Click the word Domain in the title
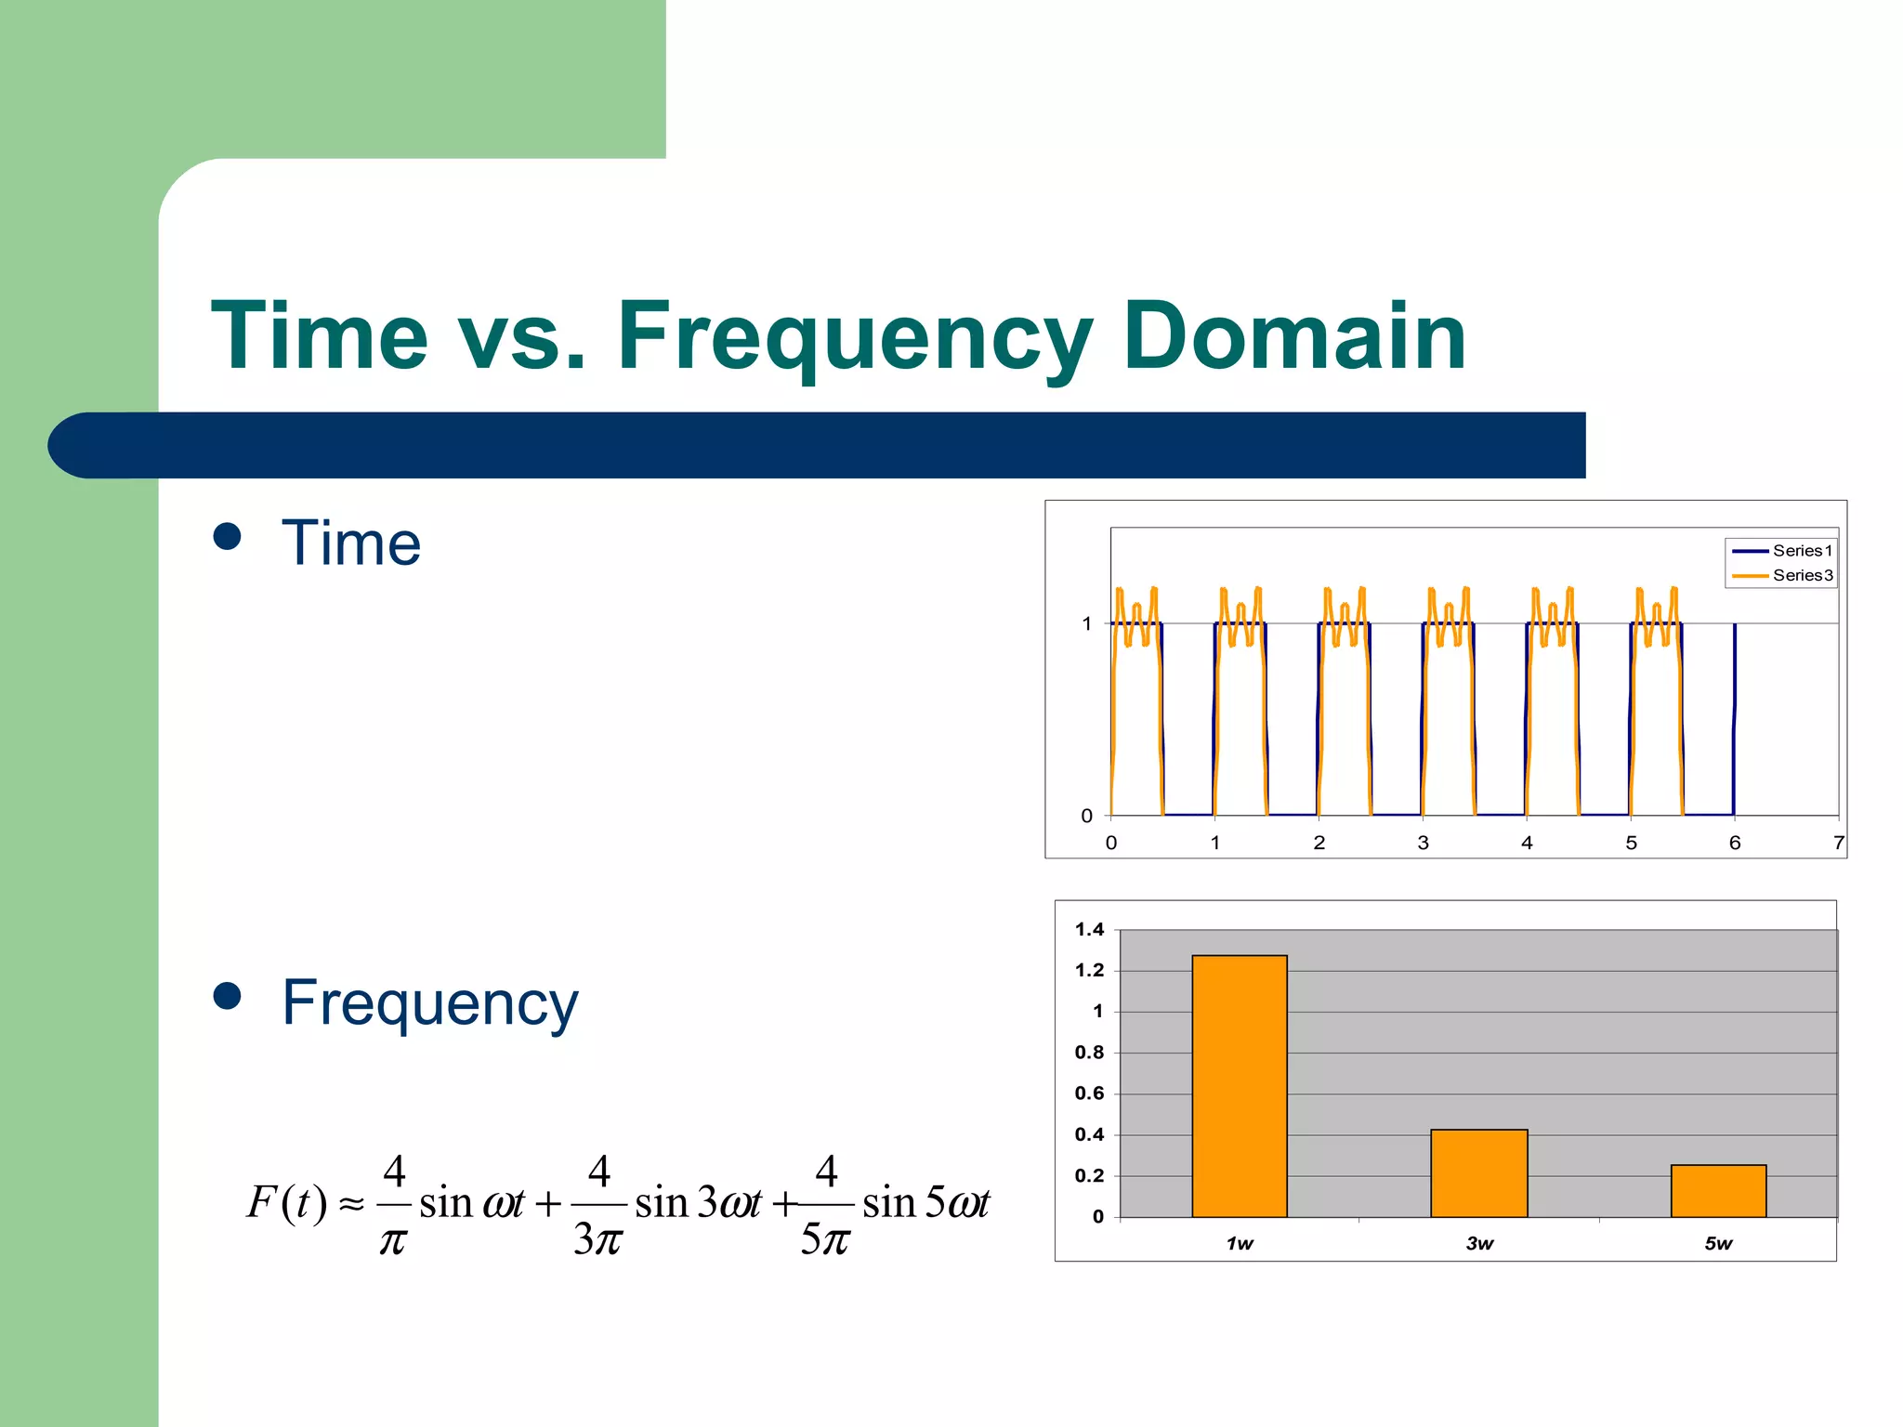point(1293,336)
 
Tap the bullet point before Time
point(227,537)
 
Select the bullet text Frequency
point(429,1003)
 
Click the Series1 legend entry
point(1782,551)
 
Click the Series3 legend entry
point(1782,575)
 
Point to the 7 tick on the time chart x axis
point(1838,843)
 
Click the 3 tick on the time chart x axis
point(1423,843)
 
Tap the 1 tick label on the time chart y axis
point(1086,623)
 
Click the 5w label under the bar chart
point(1718,1243)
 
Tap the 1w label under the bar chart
point(1239,1243)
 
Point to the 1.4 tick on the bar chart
point(1089,929)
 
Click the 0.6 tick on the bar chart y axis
point(1089,1093)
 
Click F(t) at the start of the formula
point(286,1202)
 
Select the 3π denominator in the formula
point(597,1238)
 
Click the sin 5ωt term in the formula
point(925,1202)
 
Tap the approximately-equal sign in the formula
point(351,1205)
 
